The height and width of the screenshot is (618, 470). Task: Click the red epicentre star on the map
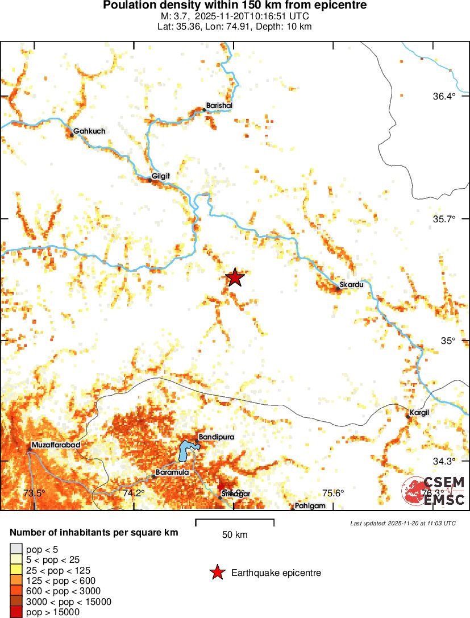235,277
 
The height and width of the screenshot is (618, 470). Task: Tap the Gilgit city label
161,176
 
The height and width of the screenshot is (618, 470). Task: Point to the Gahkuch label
89,131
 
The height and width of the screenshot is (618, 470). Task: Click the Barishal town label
219,106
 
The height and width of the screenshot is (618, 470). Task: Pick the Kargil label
419,412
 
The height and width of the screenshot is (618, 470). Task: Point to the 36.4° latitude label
444,96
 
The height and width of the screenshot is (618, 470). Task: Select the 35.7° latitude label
444,218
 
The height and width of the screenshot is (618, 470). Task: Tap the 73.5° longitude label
34,493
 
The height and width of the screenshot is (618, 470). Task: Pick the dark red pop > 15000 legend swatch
16,612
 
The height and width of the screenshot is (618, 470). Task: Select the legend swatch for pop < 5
16,549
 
